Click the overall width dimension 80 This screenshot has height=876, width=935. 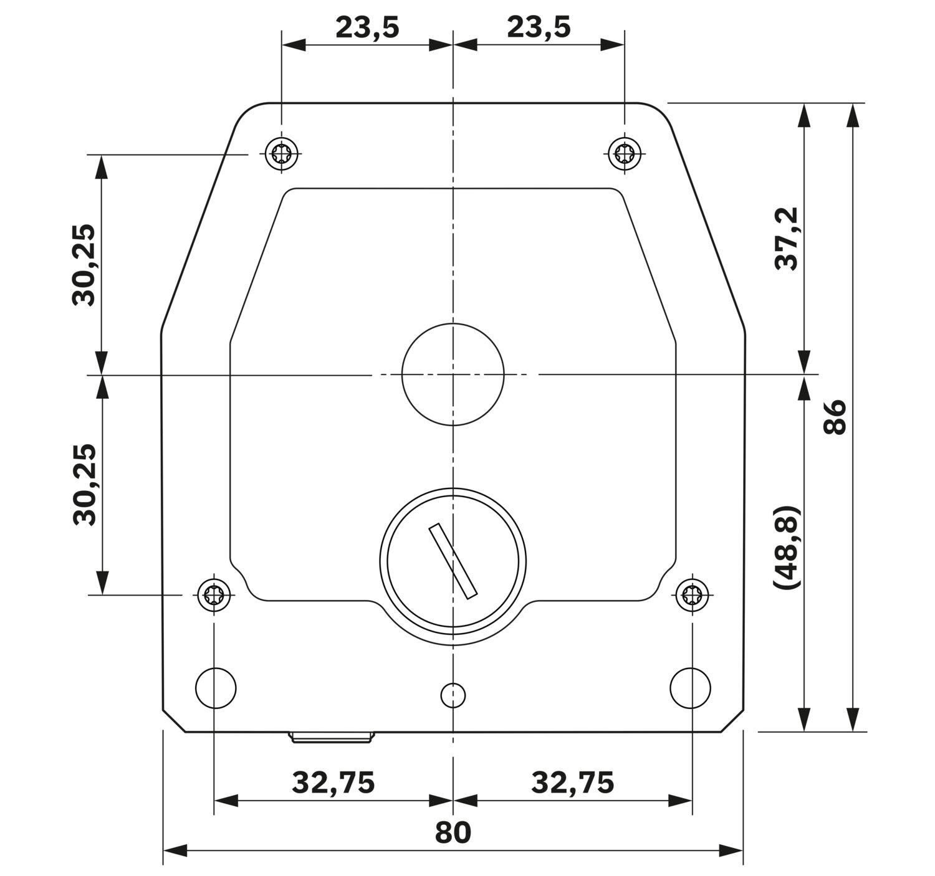tap(453, 832)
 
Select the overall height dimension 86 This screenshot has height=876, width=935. tap(835, 417)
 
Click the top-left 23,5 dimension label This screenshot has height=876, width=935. tap(367, 28)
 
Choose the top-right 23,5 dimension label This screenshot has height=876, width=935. tap(539, 28)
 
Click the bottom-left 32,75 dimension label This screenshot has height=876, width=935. tap(333, 783)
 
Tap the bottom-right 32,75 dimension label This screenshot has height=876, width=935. tap(572, 783)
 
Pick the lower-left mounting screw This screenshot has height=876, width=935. tap(214, 595)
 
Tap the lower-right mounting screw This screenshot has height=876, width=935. tap(692, 595)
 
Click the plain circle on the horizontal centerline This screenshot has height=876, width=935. tap(453, 374)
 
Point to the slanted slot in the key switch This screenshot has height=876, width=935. tap(453, 561)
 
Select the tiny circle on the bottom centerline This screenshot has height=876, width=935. tap(453, 695)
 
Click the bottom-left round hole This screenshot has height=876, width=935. tap(216, 688)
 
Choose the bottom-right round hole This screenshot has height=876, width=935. tap(690, 688)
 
